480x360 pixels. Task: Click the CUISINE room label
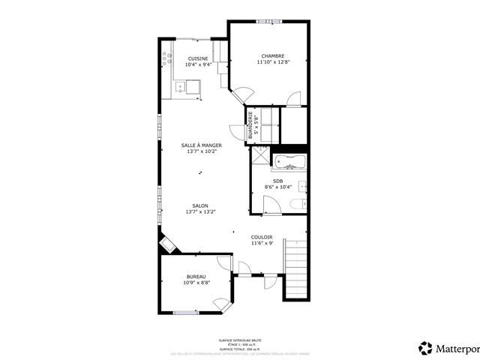198,58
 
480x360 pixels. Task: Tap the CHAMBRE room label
272,56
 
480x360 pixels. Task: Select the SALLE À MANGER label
201,145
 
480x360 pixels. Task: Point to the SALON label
200,205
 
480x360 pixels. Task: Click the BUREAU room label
196,277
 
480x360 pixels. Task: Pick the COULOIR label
262,237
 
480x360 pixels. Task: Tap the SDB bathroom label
277,181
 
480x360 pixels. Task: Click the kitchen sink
181,88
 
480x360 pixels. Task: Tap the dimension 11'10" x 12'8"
272,62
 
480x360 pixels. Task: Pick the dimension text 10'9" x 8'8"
196,283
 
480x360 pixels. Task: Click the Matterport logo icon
425,347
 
